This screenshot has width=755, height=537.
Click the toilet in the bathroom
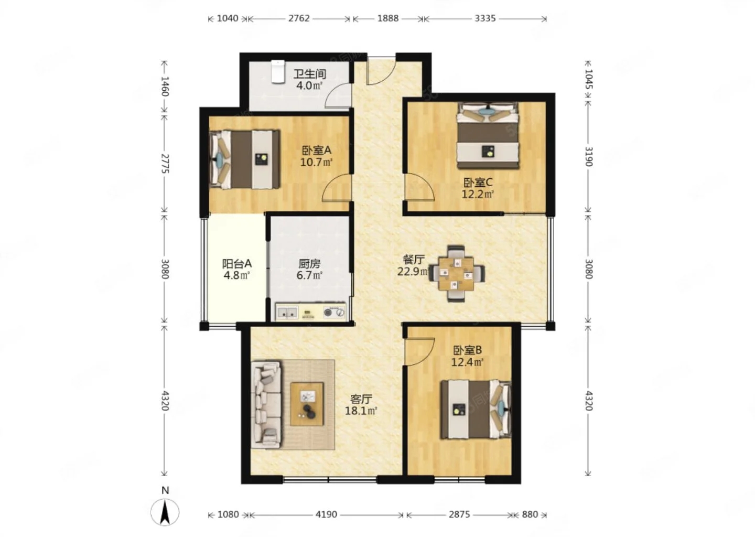(x=278, y=71)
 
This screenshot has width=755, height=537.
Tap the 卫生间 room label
(x=310, y=74)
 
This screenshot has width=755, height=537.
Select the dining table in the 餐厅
(x=456, y=273)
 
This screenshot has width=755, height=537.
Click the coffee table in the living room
(x=307, y=404)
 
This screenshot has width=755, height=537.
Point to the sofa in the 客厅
(x=266, y=405)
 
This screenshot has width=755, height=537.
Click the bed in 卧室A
(x=245, y=159)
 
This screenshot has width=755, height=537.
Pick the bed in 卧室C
(x=488, y=135)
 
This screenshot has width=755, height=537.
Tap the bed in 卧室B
(x=476, y=410)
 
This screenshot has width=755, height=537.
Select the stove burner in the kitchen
(x=335, y=312)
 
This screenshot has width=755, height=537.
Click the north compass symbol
(x=165, y=512)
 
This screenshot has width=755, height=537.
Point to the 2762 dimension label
(x=299, y=18)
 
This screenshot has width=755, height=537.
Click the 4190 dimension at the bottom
(x=326, y=514)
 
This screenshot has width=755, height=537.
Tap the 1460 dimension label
(x=165, y=87)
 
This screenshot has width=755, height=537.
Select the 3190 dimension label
(x=588, y=156)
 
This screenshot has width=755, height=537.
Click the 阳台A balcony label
(x=237, y=263)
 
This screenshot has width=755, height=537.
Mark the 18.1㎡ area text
(x=361, y=411)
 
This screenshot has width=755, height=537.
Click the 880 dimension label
(x=530, y=514)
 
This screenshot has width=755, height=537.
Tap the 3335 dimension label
(x=486, y=18)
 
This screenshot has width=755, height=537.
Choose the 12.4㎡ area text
(x=468, y=362)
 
